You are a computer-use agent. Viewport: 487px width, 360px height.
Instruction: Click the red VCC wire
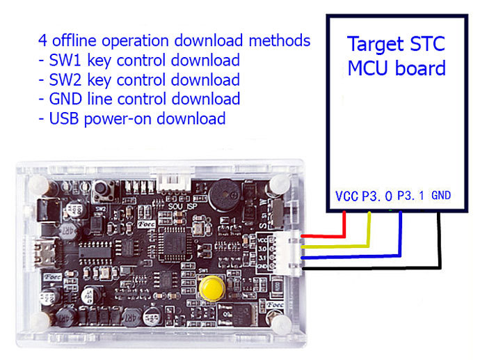344,226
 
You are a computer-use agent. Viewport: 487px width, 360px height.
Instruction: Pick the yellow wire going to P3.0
369,230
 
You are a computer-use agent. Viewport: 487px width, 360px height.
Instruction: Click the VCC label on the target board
346,197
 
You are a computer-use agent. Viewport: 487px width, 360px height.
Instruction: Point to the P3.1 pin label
410,197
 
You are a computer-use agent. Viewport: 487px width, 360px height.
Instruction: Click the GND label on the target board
441,196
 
